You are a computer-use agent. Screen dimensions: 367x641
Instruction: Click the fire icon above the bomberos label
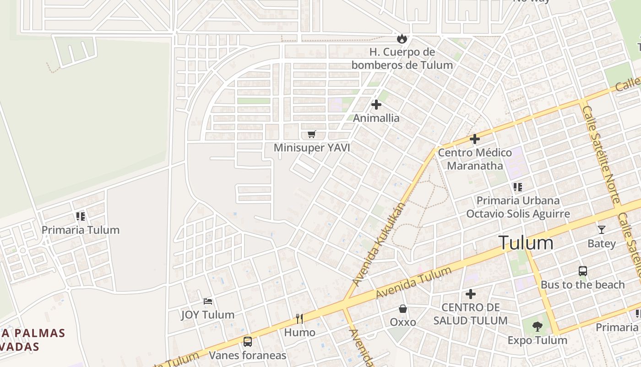pos(402,39)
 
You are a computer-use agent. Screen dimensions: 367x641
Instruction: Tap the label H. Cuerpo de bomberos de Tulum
pos(402,58)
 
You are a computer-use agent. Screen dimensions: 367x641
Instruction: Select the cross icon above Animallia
pos(376,105)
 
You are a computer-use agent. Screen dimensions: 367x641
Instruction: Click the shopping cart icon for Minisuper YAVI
pos(312,134)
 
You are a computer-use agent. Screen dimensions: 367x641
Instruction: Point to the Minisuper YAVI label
pos(312,148)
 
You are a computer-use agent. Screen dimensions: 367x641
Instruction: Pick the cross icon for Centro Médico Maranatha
pos(475,139)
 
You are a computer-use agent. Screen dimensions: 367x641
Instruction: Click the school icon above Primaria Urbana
pos(518,187)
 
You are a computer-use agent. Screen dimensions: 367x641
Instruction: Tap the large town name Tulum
pos(526,242)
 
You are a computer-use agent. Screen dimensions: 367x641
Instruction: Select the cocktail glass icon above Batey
pos(601,229)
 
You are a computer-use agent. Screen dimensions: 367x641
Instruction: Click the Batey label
pos(602,243)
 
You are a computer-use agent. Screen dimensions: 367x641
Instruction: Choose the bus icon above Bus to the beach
pos(582,271)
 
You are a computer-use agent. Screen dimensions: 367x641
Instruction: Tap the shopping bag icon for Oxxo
pos(403,309)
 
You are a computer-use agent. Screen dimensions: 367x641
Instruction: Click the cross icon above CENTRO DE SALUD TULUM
pos(470,294)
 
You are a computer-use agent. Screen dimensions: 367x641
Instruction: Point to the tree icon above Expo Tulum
pos(538,327)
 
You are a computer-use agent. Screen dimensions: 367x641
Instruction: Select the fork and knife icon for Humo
pos(299,318)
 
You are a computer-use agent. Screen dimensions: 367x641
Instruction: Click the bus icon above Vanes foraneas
pos(248,341)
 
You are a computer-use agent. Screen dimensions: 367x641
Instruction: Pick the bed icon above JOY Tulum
pos(208,301)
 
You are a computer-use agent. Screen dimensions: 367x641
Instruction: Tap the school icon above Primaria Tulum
pos(81,216)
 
